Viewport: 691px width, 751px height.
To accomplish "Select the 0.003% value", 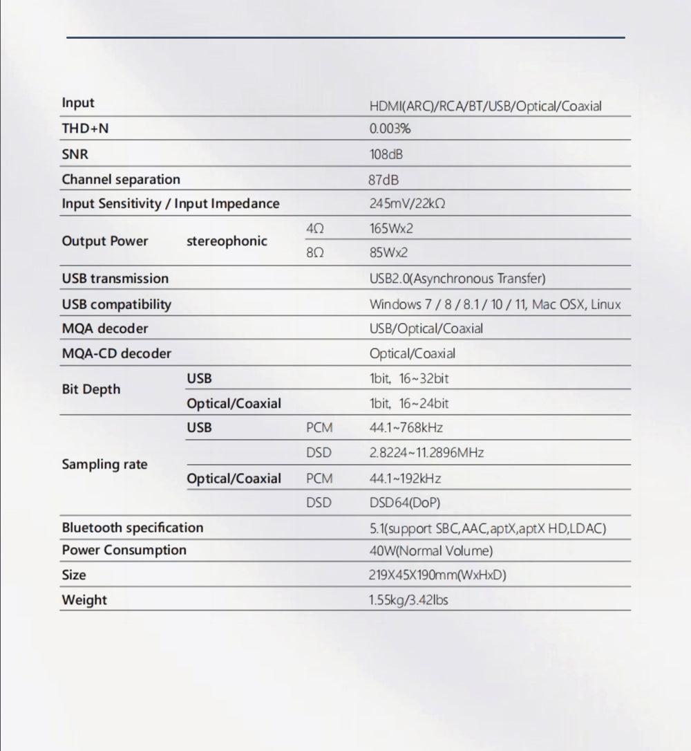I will click(x=390, y=129).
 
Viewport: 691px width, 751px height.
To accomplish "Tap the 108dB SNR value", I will click(x=386, y=154).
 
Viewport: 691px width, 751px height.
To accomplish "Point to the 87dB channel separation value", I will click(x=384, y=180).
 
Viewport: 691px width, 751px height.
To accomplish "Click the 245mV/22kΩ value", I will click(x=406, y=204).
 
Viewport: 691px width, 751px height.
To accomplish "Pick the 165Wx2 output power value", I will click(x=391, y=228).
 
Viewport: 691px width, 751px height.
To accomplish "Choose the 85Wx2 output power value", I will click(x=388, y=253).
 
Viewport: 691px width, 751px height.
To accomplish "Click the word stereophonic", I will click(x=227, y=241).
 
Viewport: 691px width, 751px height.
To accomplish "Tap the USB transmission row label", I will click(x=115, y=279).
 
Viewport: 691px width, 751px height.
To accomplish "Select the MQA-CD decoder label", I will click(x=116, y=354).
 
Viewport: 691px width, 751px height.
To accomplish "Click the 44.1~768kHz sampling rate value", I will click(x=406, y=428).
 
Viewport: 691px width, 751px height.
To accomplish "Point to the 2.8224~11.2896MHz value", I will click(x=426, y=453).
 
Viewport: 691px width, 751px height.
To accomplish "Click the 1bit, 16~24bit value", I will click(x=409, y=404).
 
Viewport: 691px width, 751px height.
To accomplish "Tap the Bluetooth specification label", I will click(x=133, y=528).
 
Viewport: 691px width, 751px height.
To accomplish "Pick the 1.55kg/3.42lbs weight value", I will click(x=408, y=600).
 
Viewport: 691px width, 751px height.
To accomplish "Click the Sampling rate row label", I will click(x=104, y=465).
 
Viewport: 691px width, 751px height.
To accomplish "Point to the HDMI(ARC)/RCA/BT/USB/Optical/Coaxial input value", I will click(x=485, y=106).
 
